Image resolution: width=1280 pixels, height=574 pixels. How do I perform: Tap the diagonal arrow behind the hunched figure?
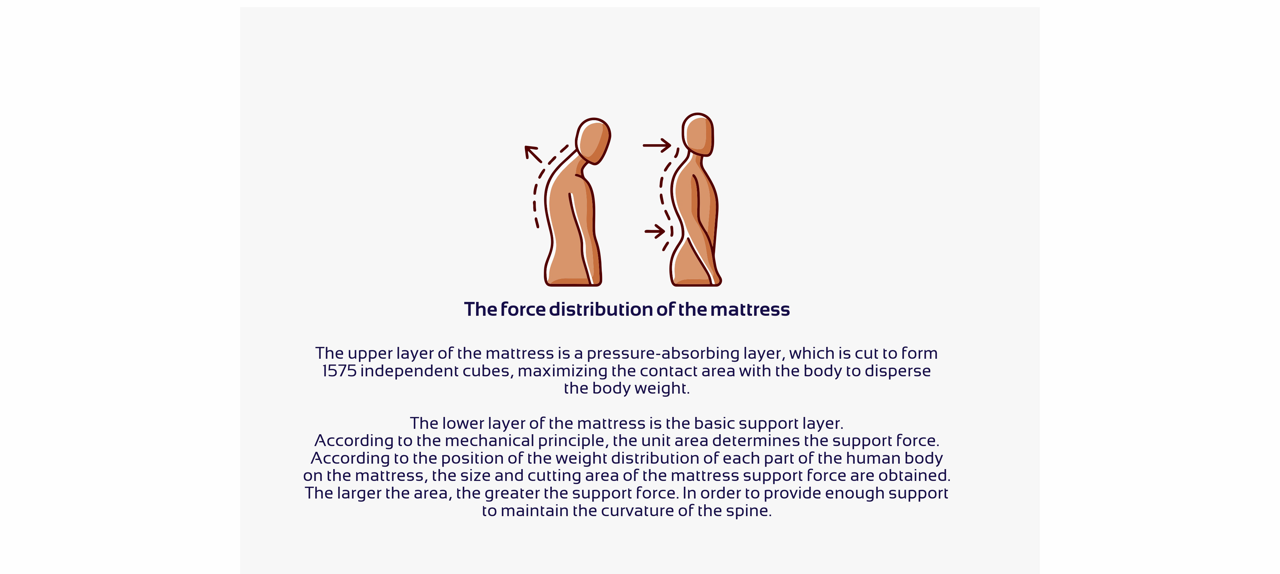click(x=534, y=154)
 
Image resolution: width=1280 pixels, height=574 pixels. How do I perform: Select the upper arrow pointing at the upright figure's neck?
click(x=657, y=146)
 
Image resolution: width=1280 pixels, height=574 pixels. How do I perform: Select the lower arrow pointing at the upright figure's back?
click(x=655, y=231)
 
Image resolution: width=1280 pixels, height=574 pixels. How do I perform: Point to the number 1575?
click(x=339, y=371)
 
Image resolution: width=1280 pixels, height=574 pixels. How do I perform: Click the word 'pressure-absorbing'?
click(x=663, y=354)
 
